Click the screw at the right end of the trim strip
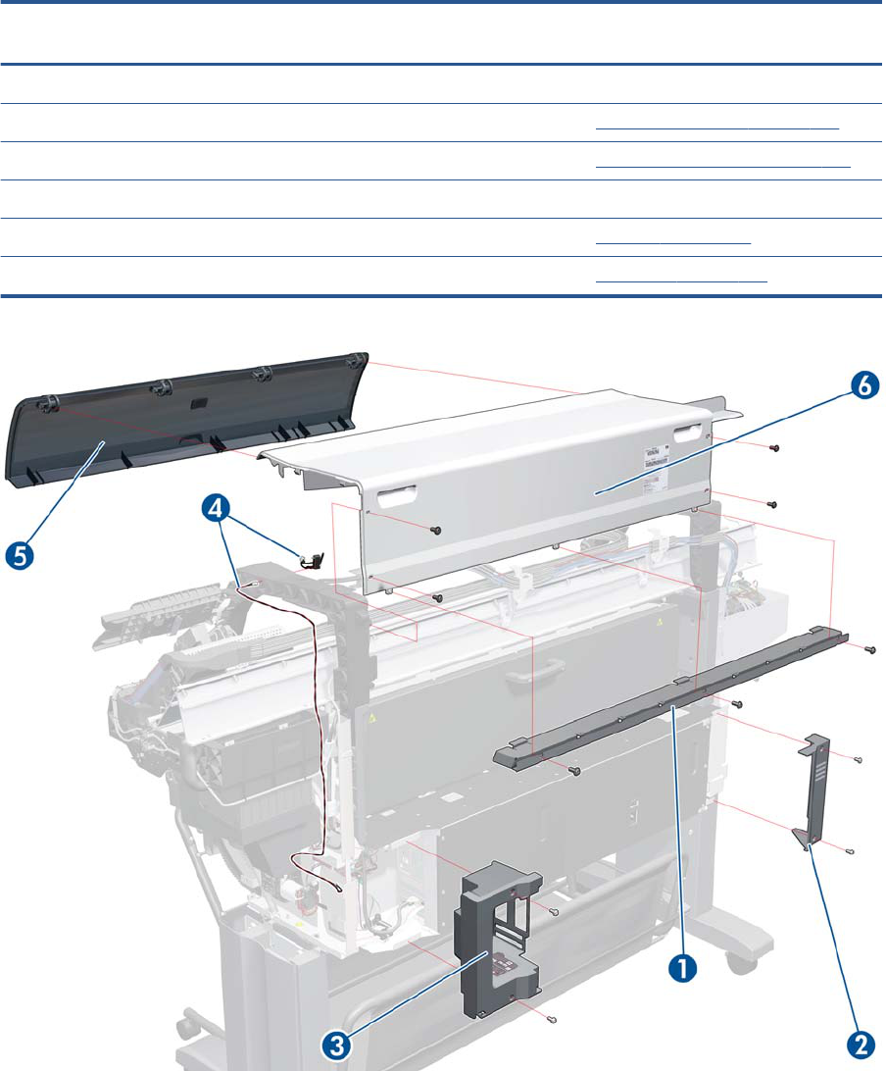pyautogui.click(x=871, y=649)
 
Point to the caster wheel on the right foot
pyautogui.click(x=731, y=966)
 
